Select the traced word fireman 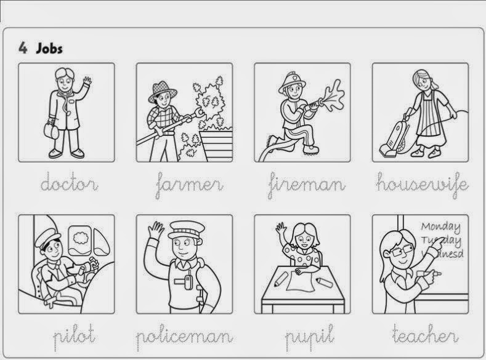pos(307,183)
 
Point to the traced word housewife pos(421,183)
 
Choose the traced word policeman pos(184,336)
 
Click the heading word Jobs pos(49,48)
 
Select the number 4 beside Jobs pos(23,48)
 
